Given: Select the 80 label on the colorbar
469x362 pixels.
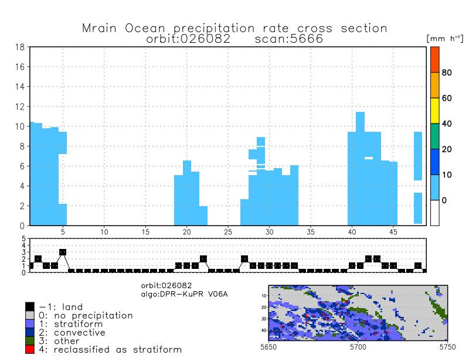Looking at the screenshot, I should (446, 73).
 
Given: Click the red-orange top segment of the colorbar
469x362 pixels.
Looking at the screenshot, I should (434, 59).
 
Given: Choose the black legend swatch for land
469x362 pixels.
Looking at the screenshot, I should (30, 306).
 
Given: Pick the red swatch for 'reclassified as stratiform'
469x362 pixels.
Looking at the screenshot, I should (30, 349).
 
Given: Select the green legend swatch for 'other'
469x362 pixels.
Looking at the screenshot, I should (30, 341).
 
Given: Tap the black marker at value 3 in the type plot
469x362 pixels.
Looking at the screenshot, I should (63, 252).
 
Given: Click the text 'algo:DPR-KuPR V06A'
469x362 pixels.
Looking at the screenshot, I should (184, 292).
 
